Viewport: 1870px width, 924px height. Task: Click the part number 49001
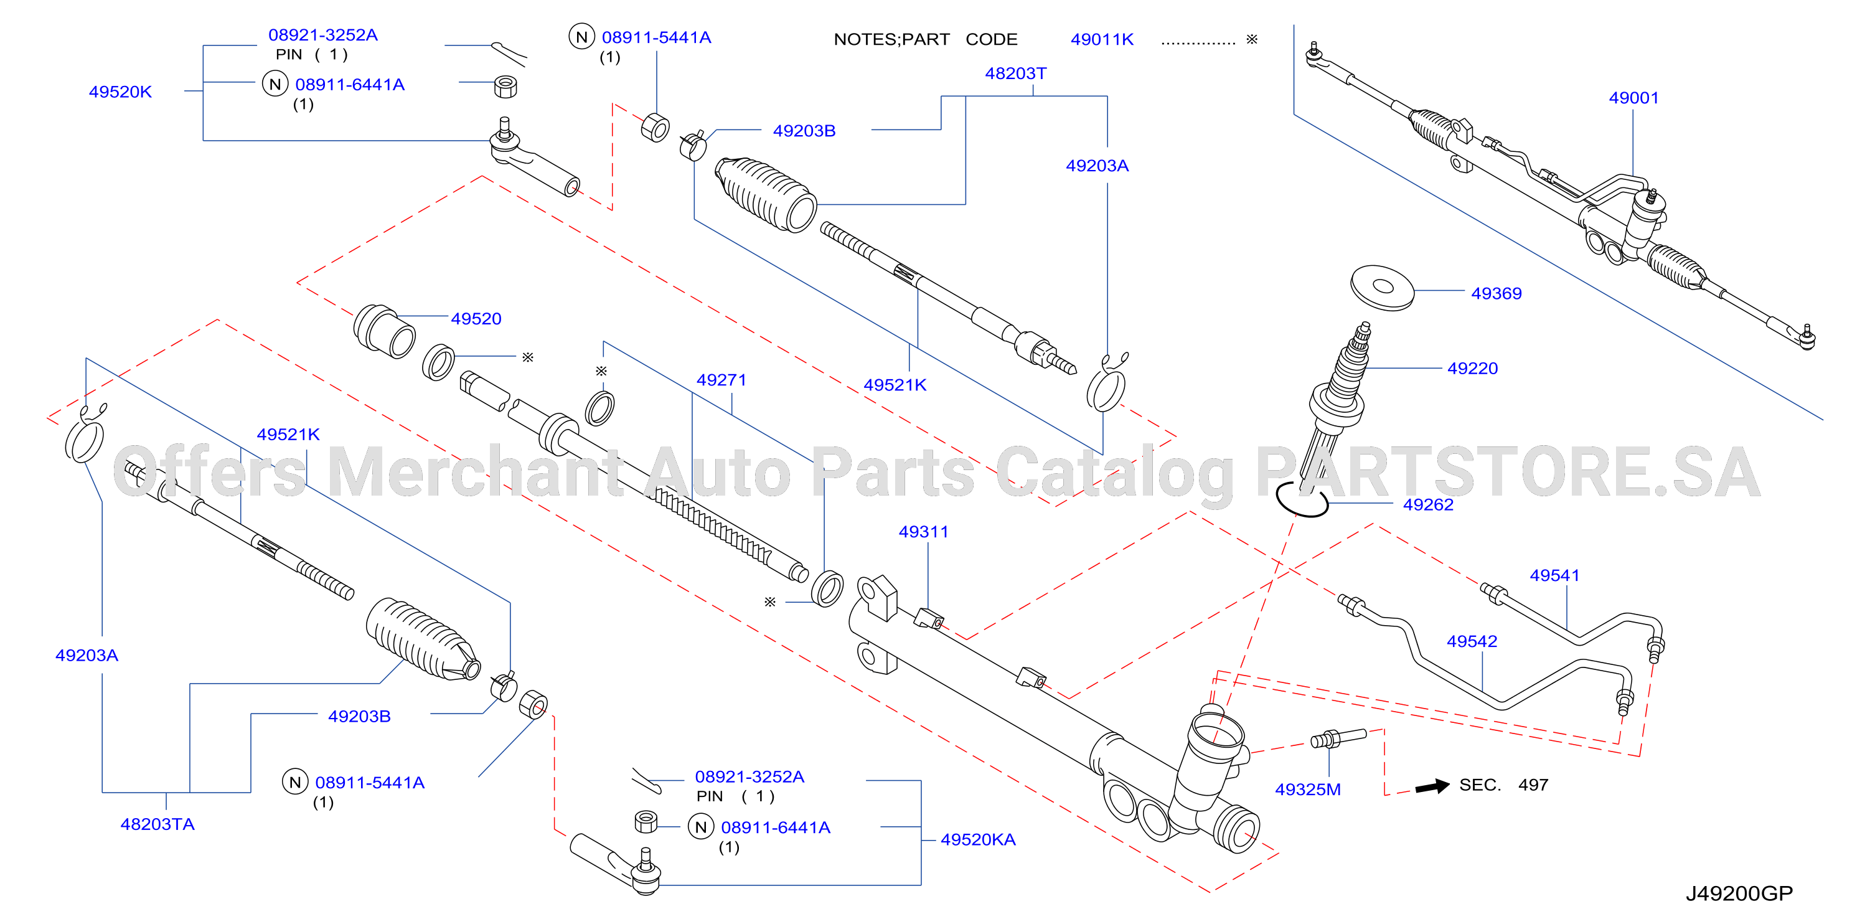point(1633,98)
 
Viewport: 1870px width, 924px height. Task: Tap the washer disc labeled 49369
point(1382,288)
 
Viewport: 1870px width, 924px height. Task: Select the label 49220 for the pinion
point(1472,369)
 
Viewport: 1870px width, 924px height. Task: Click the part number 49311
point(923,532)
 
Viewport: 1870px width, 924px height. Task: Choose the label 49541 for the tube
point(1554,575)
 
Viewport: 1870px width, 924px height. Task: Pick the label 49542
point(1472,642)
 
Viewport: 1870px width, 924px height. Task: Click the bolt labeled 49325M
point(1338,739)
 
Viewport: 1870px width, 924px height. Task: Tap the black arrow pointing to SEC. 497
point(1432,786)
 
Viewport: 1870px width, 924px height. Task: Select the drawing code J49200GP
point(1739,893)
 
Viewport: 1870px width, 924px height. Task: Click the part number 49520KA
point(978,840)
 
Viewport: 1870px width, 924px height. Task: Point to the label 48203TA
point(157,824)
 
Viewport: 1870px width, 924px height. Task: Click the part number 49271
point(721,380)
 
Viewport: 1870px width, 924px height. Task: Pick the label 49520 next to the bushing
point(476,319)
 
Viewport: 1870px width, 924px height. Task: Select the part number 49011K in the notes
point(1102,40)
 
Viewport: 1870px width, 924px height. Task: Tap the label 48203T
point(1015,74)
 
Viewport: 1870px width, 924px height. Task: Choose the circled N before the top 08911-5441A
point(581,37)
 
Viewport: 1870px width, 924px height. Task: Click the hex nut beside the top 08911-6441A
point(505,87)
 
